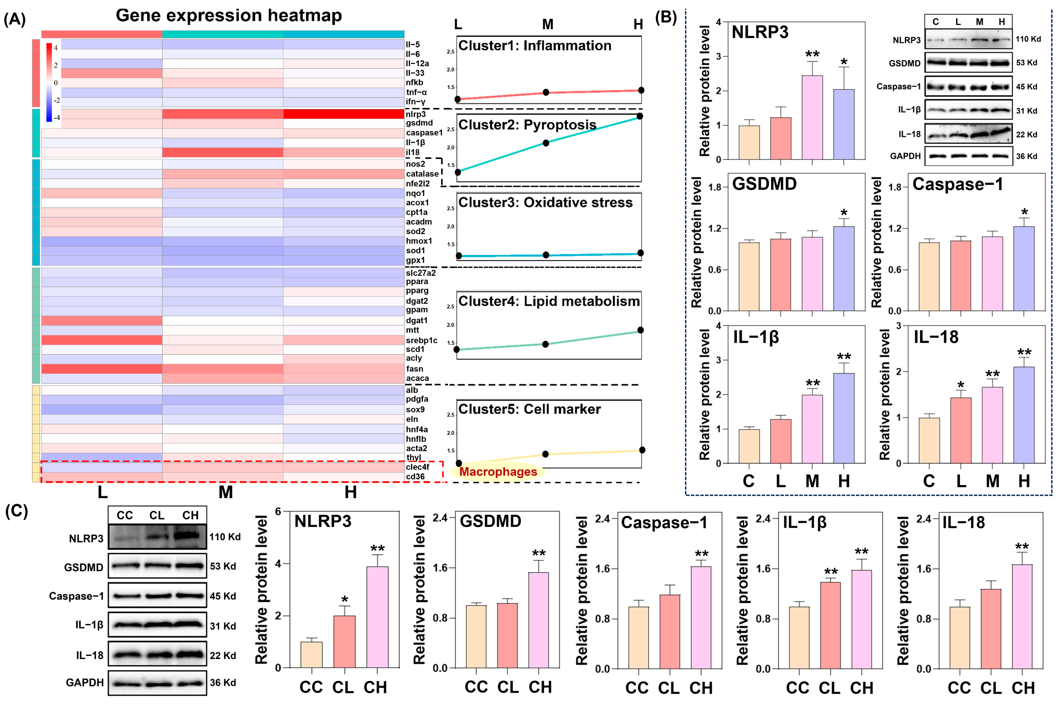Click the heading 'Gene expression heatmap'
[x=229, y=15]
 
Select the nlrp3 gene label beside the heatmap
[x=416, y=114]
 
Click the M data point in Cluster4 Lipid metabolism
[x=546, y=344]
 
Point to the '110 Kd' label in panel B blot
[x=1028, y=39]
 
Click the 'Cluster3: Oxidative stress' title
[x=545, y=203]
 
